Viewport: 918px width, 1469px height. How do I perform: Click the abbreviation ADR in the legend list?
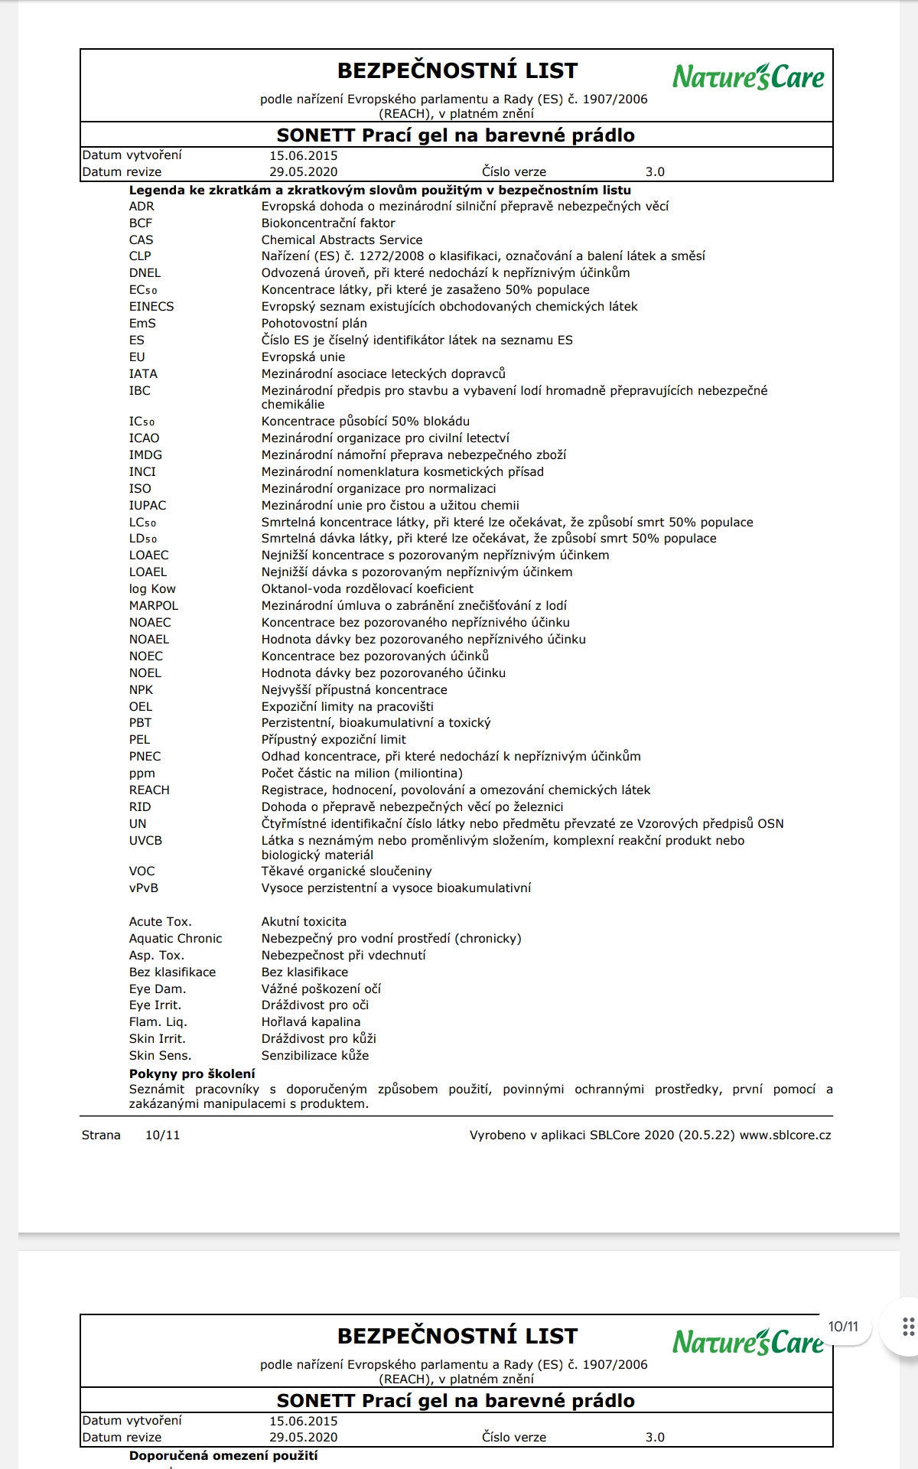142,207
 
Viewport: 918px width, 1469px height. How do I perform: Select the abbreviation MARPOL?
154,606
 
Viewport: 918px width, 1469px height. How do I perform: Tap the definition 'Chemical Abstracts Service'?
341,240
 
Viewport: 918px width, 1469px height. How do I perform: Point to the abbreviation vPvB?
144,888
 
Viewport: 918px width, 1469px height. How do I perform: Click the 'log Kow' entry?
152,589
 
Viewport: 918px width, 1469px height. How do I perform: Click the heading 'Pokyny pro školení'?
192,1073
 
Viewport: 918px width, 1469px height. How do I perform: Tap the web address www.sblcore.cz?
785,1135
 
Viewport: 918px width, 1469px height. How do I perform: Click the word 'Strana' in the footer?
101,1135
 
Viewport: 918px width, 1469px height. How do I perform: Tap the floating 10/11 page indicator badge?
843,1327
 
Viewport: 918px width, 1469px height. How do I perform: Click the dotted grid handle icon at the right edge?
908,1327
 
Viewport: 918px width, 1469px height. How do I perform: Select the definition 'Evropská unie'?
303,357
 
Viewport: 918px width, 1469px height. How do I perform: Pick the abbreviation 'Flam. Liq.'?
158,1022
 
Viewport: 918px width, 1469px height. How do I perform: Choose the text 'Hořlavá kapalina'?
311,1022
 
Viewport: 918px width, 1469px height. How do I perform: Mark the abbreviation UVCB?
145,841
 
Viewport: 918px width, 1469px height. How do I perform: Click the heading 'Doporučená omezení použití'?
223,1455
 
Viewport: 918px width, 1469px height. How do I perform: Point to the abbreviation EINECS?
151,307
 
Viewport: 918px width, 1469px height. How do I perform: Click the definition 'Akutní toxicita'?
304,922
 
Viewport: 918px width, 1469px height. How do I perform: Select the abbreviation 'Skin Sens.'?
160,1056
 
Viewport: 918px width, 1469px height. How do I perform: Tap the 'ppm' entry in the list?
142,774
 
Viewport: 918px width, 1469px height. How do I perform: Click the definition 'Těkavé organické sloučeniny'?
347,871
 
